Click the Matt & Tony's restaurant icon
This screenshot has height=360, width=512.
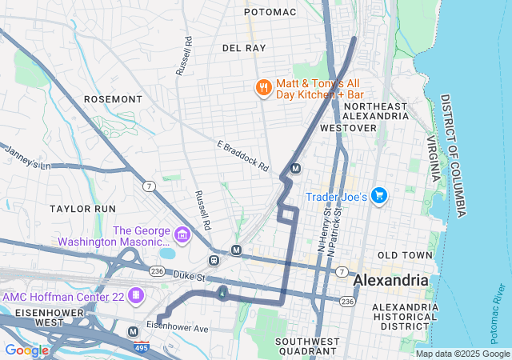[262, 88]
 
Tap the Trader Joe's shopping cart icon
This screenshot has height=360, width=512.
[378, 196]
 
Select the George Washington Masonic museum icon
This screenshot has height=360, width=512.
[182, 236]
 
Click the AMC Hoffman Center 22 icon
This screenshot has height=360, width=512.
[137, 296]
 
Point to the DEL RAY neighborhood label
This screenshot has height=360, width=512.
[243, 48]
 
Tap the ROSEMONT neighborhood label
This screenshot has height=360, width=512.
[113, 99]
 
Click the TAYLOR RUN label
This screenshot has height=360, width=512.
[83, 208]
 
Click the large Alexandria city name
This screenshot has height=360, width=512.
[391, 281]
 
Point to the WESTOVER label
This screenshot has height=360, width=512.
[348, 128]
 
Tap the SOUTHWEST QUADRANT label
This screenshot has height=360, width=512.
[308, 346]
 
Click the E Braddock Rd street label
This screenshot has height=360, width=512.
[242, 156]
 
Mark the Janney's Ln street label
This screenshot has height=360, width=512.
[27, 157]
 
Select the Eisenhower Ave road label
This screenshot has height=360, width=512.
[177, 328]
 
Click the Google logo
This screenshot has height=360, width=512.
[26, 350]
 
